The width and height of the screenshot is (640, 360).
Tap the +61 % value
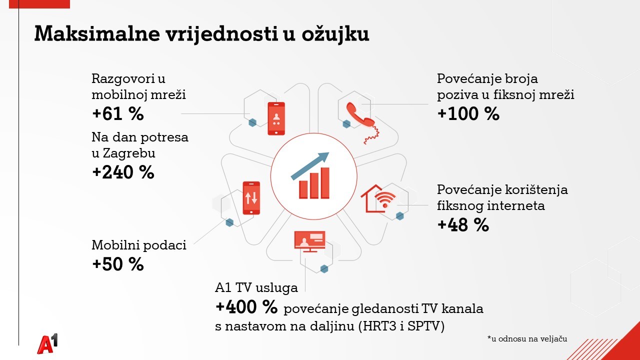tap(118, 113)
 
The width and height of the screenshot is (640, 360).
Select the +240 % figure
tap(123, 172)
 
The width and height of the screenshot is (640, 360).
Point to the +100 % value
tap(468, 113)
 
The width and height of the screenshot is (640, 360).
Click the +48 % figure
tap(463, 224)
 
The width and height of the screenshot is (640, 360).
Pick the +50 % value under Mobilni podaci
tap(118, 263)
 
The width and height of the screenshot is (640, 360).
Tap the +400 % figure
tap(246, 307)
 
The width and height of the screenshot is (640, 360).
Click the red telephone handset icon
tap(362, 123)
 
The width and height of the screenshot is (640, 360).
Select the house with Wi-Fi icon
tap(378, 198)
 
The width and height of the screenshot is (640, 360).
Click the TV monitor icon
tap(309, 241)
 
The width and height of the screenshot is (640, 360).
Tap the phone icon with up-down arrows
tap(251, 197)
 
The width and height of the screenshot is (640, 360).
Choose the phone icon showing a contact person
tap(276, 118)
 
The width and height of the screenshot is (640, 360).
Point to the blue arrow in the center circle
tap(310, 166)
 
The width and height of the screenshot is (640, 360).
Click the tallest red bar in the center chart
tap(325, 183)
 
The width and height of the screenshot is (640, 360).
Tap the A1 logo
tap(47, 343)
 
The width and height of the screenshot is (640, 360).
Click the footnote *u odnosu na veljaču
tap(527, 339)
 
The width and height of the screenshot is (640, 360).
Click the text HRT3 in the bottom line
tap(379, 326)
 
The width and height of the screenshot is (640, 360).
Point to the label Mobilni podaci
tap(139, 245)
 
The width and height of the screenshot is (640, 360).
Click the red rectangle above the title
tap(39, 4)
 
